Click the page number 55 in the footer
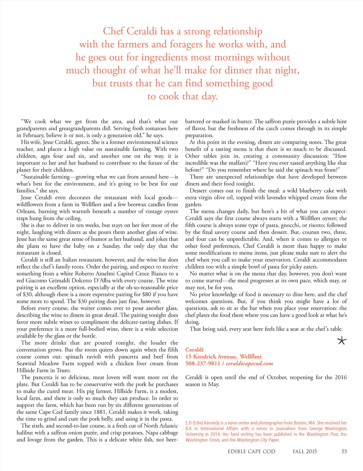coord(344,452)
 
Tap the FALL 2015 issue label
coord(305,452)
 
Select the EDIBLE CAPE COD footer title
coord(251,452)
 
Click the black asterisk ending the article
coord(341,341)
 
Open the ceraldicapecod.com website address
coord(250,364)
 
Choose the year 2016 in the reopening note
coord(340,377)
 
